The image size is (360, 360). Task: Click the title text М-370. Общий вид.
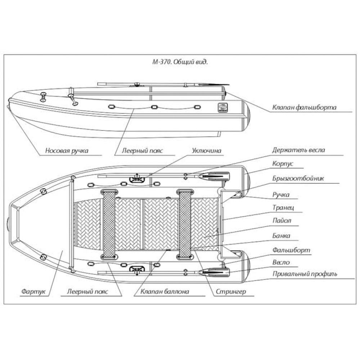tap(180, 62)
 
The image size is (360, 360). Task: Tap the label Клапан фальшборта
tap(304, 107)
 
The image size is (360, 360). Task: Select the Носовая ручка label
tap(67, 151)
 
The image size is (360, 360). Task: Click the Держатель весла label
tap(299, 150)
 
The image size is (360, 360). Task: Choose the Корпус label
tap(283, 163)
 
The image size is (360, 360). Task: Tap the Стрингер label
tap(231, 292)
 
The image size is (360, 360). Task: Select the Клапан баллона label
tap(165, 292)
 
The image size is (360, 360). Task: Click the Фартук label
tap(33, 292)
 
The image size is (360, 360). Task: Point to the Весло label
tap(282, 262)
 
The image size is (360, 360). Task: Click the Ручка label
tap(281, 195)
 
